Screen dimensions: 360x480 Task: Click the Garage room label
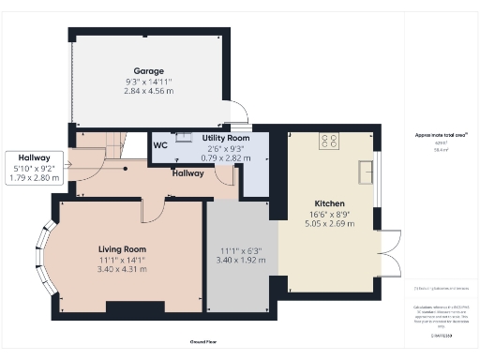(x=148, y=71)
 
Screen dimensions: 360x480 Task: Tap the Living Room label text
(x=123, y=248)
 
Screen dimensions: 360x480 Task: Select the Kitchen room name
(x=329, y=203)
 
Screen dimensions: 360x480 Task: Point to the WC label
(x=160, y=144)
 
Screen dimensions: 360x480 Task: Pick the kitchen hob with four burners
(x=329, y=142)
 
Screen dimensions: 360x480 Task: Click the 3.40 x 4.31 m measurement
(x=123, y=269)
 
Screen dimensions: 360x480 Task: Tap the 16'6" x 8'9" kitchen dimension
(x=329, y=215)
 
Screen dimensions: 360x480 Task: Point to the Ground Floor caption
(x=204, y=343)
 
